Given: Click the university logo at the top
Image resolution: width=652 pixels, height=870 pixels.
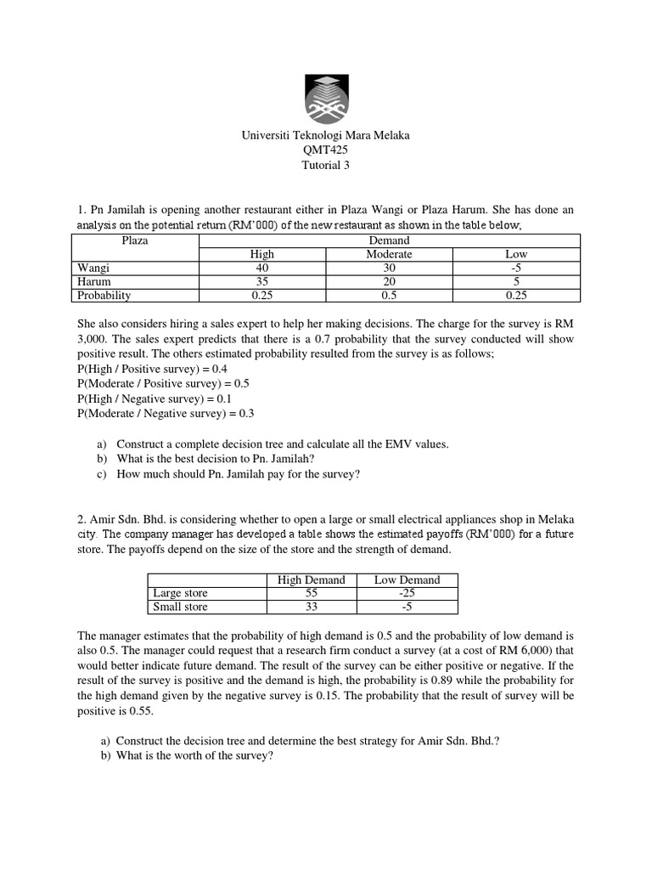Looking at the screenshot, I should [x=325, y=98].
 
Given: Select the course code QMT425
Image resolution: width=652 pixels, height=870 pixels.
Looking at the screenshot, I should [x=325, y=150].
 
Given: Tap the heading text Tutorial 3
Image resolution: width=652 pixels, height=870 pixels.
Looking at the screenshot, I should [x=325, y=165].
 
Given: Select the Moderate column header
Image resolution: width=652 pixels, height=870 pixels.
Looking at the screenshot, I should [x=389, y=254].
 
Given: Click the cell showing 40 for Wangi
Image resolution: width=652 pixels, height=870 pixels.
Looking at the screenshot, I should [x=261, y=268].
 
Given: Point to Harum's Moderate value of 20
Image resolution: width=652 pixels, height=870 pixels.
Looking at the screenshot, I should [x=389, y=281].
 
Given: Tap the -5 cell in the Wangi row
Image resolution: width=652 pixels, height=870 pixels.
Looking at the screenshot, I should [x=516, y=268].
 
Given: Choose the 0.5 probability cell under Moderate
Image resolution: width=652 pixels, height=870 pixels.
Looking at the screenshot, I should [x=389, y=296].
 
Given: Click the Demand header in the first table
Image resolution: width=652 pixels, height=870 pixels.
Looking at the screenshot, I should [x=389, y=240].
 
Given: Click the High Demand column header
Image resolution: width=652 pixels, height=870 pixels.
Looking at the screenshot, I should [x=312, y=579].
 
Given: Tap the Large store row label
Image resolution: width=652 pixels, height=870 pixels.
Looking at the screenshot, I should [x=179, y=593].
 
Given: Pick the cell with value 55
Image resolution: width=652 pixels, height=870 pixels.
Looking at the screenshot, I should [x=312, y=593].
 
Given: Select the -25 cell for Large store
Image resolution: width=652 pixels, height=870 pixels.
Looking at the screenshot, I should [x=407, y=593].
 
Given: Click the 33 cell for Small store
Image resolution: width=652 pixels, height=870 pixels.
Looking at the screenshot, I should [x=312, y=607].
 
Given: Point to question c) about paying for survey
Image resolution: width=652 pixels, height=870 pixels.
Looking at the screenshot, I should [x=238, y=474].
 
